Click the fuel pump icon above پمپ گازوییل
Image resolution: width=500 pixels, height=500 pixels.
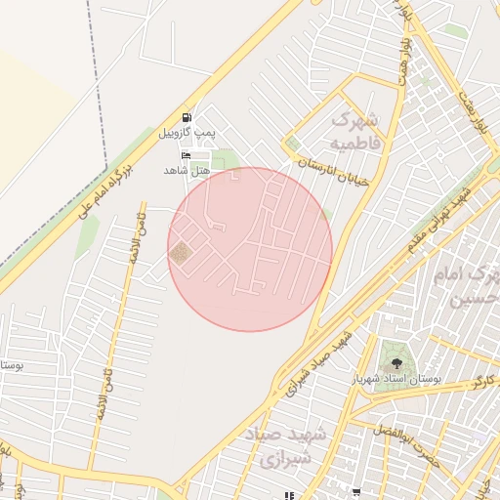pyautogui.click(x=187, y=115)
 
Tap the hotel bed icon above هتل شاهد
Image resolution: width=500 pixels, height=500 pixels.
pyautogui.click(x=186, y=155)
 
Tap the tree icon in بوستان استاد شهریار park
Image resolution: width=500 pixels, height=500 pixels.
pyautogui.click(x=395, y=362)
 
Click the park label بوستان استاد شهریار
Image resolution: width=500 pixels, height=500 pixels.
pyautogui.click(x=409, y=376)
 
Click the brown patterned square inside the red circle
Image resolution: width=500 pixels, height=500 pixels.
pyautogui.click(x=181, y=254)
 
